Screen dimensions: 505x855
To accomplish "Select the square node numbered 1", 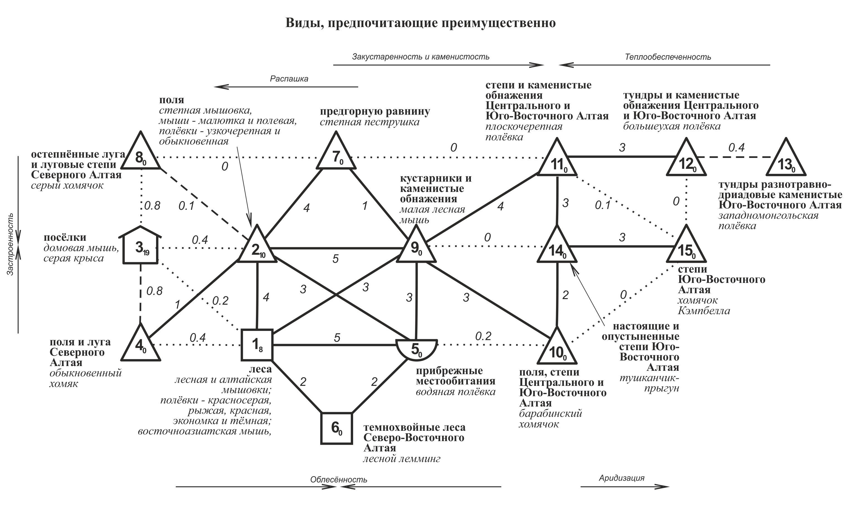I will point(257,345).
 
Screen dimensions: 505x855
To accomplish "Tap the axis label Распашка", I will point(289,79).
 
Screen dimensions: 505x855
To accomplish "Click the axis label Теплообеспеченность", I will point(668,57).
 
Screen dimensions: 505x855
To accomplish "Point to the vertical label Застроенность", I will point(10,244).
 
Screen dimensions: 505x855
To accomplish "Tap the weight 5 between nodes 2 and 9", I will point(336,259).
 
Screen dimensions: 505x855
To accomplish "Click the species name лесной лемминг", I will point(402,459).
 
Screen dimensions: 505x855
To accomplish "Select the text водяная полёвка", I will point(455,392).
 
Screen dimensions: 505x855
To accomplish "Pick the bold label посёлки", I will point(65,237).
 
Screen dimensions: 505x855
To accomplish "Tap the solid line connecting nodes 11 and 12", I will point(622,157).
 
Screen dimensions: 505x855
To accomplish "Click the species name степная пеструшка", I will point(369,122).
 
